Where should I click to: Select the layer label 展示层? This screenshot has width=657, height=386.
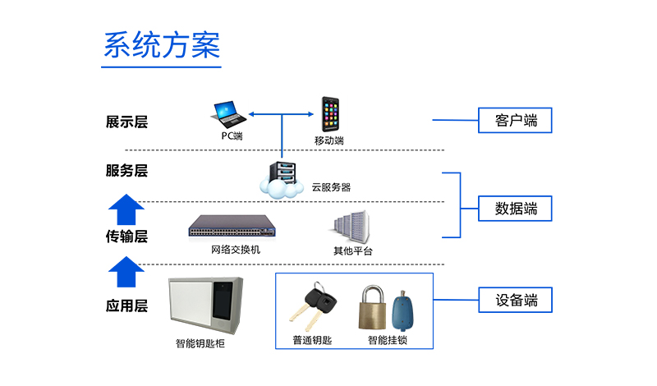click(x=126, y=122)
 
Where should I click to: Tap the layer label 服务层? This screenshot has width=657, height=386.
click(x=126, y=171)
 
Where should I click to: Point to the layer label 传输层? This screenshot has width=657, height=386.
click(x=126, y=237)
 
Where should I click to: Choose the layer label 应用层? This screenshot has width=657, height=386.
click(x=126, y=306)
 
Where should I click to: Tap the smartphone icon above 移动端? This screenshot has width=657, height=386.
click(x=330, y=114)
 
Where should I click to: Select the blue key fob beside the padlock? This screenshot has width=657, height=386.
click(x=403, y=310)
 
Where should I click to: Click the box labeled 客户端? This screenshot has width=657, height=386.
click(x=516, y=121)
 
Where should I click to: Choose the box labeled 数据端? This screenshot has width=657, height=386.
click(x=516, y=208)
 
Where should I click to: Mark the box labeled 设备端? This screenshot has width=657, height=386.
click(x=516, y=300)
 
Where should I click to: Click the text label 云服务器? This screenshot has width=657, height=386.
click(x=331, y=187)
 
